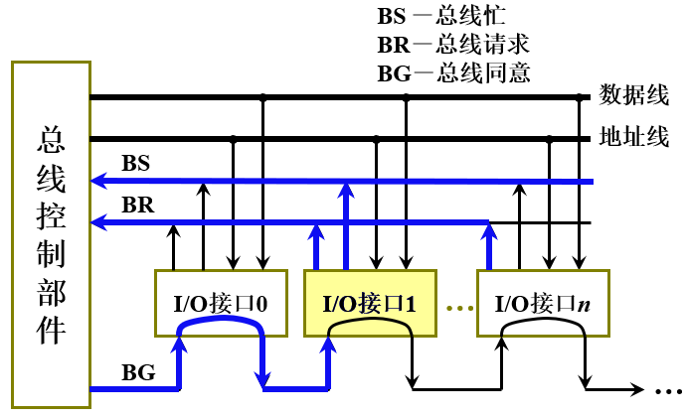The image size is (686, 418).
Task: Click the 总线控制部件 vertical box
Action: pyautogui.click(x=51, y=235)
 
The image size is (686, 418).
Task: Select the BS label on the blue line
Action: pyautogui.click(x=135, y=163)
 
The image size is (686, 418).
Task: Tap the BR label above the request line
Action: pyautogui.click(x=135, y=205)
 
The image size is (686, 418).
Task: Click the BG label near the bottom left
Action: pyautogui.click(x=137, y=373)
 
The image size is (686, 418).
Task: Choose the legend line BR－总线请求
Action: pyautogui.click(x=453, y=45)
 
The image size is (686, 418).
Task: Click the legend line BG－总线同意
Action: pyautogui.click(x=453, y=72)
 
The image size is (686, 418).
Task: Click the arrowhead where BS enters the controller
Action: pyautogui.click(x=97, y=181)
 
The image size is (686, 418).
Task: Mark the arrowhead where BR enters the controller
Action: pyautogui.click(x=97, y=222)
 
